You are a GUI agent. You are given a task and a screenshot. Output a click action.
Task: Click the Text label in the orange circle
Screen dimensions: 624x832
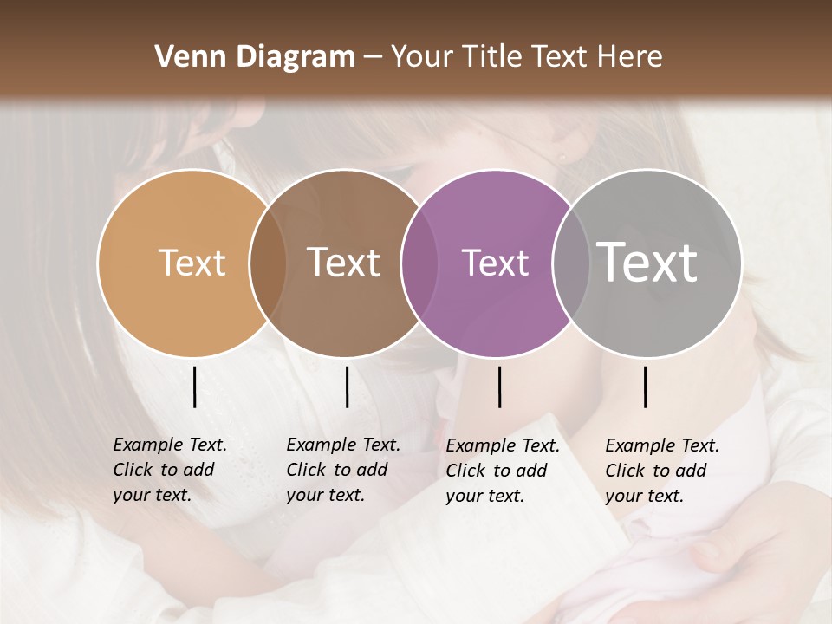(192, 263)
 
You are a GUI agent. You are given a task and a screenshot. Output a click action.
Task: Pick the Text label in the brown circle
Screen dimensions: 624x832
(344, 263)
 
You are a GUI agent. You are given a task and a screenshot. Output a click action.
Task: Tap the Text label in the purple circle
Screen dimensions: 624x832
(495, 263)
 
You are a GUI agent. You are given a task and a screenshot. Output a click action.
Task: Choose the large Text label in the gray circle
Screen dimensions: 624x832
(647, 263)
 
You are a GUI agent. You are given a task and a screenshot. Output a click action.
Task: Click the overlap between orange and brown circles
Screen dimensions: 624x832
(268, 263)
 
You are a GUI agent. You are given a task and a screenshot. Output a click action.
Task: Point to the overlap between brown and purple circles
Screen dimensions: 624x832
(419, 263)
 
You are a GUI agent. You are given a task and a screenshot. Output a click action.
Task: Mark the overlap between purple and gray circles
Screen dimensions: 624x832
(571, 263)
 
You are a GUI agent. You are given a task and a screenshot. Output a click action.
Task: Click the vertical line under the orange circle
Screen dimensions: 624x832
(195, 387)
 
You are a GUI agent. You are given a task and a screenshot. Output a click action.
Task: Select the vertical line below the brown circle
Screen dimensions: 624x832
(347, 387)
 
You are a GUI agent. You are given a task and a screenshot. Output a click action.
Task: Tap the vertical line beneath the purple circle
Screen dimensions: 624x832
(499, 387)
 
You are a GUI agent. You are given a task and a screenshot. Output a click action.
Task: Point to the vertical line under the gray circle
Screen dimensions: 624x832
(645, 387)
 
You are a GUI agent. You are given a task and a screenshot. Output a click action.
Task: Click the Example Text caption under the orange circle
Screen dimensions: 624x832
(169, 470)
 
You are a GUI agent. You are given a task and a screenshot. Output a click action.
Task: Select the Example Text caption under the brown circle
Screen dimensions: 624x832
(342, 470)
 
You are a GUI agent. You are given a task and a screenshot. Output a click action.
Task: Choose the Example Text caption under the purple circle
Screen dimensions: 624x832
(502, 471)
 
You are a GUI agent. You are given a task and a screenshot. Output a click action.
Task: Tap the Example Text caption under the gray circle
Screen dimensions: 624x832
(661, 471)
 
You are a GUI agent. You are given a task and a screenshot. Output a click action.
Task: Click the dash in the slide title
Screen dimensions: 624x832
(373, 58)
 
